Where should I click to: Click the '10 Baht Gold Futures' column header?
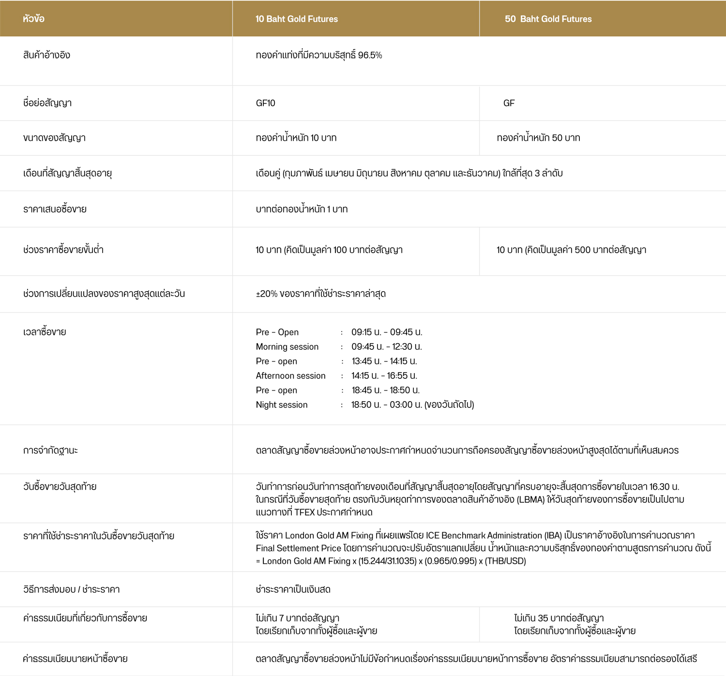point(296,19)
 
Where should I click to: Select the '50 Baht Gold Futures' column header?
point(548,19)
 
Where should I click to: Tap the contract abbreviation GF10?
point(265,103)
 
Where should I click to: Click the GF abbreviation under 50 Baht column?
point(509,103)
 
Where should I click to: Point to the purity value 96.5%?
point(370,55)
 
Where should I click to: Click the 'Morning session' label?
point(287,346)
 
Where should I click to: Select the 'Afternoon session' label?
point(290,376)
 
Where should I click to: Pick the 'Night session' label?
point(282,405)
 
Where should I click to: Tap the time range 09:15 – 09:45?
point(387,332)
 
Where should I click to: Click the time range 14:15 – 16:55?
point(384,376)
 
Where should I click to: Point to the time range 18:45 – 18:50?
point(385,390)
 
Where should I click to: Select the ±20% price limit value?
point(267,294)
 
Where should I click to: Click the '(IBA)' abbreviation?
point(553,535)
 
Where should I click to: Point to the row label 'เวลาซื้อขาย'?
point(45,332)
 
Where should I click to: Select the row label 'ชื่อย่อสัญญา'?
point(47,103)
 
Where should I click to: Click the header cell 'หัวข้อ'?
point(33,19)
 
